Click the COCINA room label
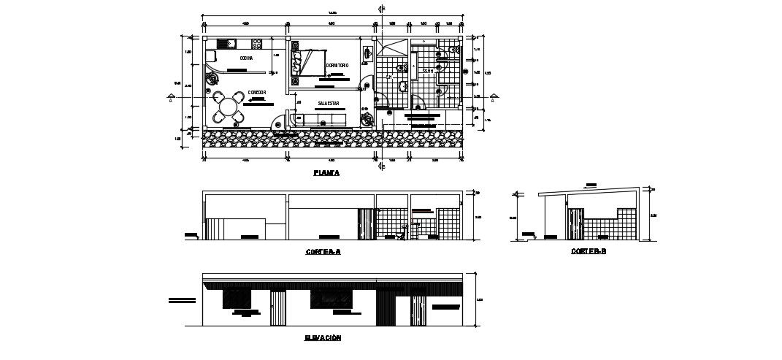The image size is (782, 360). pos(246,58)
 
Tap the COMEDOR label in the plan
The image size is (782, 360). pos(256,91)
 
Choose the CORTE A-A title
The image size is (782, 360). pos(323,251)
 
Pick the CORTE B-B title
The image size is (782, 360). pos(589,251)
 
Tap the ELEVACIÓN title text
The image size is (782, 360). pos(322,338)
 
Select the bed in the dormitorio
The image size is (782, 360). pos(307,61)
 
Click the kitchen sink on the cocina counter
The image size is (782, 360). pos(223,43)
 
